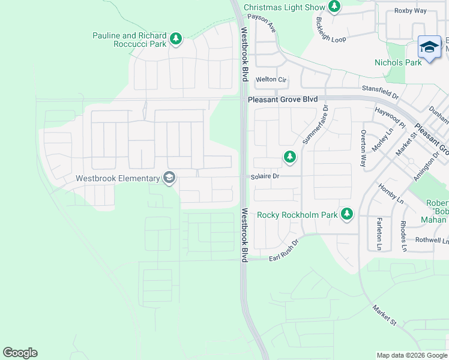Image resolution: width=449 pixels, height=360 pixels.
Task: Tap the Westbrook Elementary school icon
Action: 169,178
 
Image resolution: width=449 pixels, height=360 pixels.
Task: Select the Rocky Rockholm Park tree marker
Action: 346,214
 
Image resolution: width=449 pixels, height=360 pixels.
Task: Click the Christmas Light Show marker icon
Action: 334,7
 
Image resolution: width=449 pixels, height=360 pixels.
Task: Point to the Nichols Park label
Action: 398,62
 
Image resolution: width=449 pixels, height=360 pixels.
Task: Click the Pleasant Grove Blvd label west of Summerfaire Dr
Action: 281,99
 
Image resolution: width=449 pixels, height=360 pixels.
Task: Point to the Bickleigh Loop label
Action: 330,30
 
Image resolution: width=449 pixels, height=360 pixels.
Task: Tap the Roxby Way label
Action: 410,11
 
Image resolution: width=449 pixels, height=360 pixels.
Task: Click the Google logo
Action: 20,353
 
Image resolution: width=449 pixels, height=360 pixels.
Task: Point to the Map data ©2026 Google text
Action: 411,355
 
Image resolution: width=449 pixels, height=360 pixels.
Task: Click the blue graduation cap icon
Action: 430,48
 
